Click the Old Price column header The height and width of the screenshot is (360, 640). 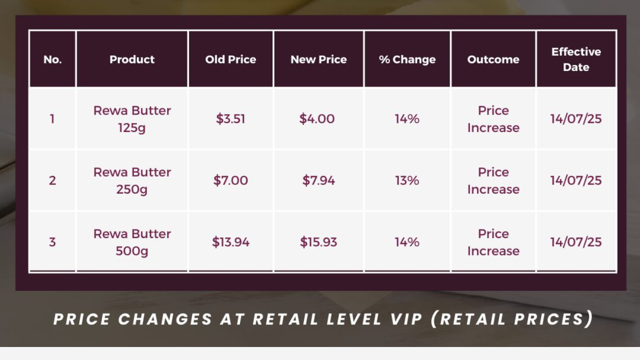pos(230,59)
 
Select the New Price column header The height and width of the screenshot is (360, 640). pos(318,59)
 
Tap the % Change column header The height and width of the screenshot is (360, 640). pos(407,59)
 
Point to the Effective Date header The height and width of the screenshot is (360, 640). pos(576,59)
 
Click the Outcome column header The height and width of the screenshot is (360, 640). pos(493,59)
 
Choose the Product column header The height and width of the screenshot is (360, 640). pos(132,59)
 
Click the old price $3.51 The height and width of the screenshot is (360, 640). pos(230,119)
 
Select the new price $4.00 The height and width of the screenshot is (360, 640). pos(317,119)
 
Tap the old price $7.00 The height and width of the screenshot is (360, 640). pos(230,180)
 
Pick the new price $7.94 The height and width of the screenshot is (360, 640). pos(318,180)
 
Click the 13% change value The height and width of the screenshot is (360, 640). pos(407,180)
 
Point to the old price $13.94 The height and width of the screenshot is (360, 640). pos(230,242)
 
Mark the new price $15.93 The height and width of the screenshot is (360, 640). pos(318,242)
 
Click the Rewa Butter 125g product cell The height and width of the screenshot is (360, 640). pos(132,119)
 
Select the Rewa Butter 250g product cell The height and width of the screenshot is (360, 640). pos(132,181)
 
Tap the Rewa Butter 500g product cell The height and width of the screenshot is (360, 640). pos(132,242)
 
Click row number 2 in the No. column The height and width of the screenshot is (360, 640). pos(52,180)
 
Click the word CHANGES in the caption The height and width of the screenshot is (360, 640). pos(165,319)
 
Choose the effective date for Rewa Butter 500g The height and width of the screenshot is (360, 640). pos(576,242)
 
